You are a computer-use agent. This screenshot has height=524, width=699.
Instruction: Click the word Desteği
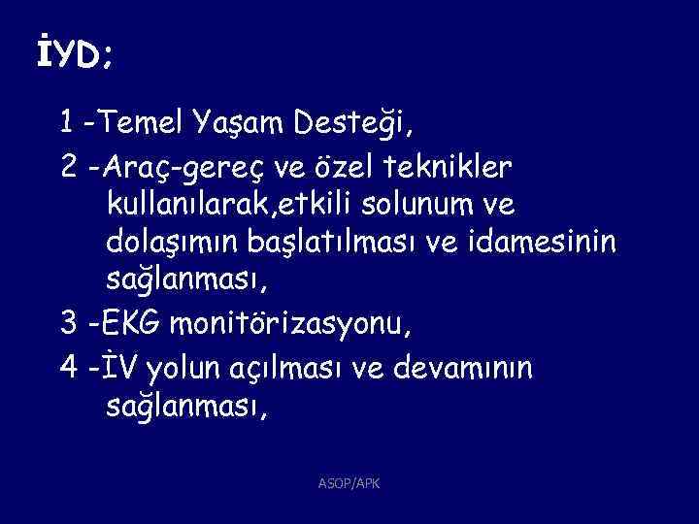pos(346,124)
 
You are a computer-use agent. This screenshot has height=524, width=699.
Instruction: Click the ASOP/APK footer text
pos(349,481)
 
